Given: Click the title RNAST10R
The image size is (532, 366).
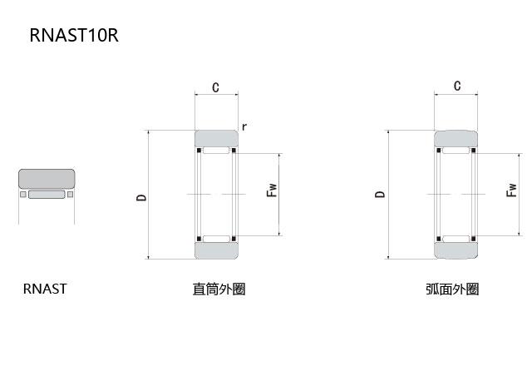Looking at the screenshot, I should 74,36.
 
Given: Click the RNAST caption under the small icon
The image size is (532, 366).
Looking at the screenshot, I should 45,289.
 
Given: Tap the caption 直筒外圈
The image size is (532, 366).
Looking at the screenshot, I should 219,289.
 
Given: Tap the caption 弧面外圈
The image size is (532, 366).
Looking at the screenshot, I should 452,289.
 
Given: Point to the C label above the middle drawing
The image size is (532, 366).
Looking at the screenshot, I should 215,87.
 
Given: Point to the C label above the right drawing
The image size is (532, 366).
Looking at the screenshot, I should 456,86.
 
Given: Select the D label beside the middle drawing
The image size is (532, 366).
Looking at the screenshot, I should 141,197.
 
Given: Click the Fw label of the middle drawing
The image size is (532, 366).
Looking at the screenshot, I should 271,190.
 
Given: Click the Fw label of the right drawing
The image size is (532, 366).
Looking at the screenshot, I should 510,191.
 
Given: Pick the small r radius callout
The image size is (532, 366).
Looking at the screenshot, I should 244,126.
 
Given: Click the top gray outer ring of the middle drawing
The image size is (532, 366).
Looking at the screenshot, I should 216,139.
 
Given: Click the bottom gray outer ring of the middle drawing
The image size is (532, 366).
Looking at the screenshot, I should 216,250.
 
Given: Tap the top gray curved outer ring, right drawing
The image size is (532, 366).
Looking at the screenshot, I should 456,138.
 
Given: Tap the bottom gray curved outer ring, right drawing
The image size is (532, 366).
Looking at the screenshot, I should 456,250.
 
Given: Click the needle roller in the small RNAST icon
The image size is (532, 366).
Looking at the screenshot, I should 47,195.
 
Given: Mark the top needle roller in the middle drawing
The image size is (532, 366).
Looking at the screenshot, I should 216,152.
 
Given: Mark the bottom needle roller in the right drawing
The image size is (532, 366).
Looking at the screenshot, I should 456,239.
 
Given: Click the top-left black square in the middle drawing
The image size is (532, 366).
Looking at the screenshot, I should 198,151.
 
